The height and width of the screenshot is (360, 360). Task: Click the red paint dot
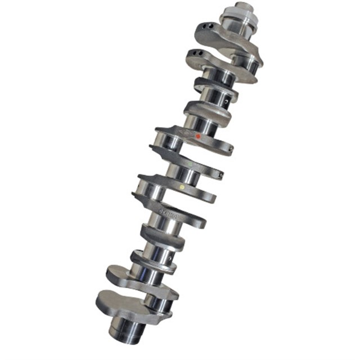coord(197,136)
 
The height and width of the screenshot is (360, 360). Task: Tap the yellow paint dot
coord(181,186)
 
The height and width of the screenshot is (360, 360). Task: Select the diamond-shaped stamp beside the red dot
coord(185,133)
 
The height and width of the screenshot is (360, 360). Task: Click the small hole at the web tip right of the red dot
coord(231,150)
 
